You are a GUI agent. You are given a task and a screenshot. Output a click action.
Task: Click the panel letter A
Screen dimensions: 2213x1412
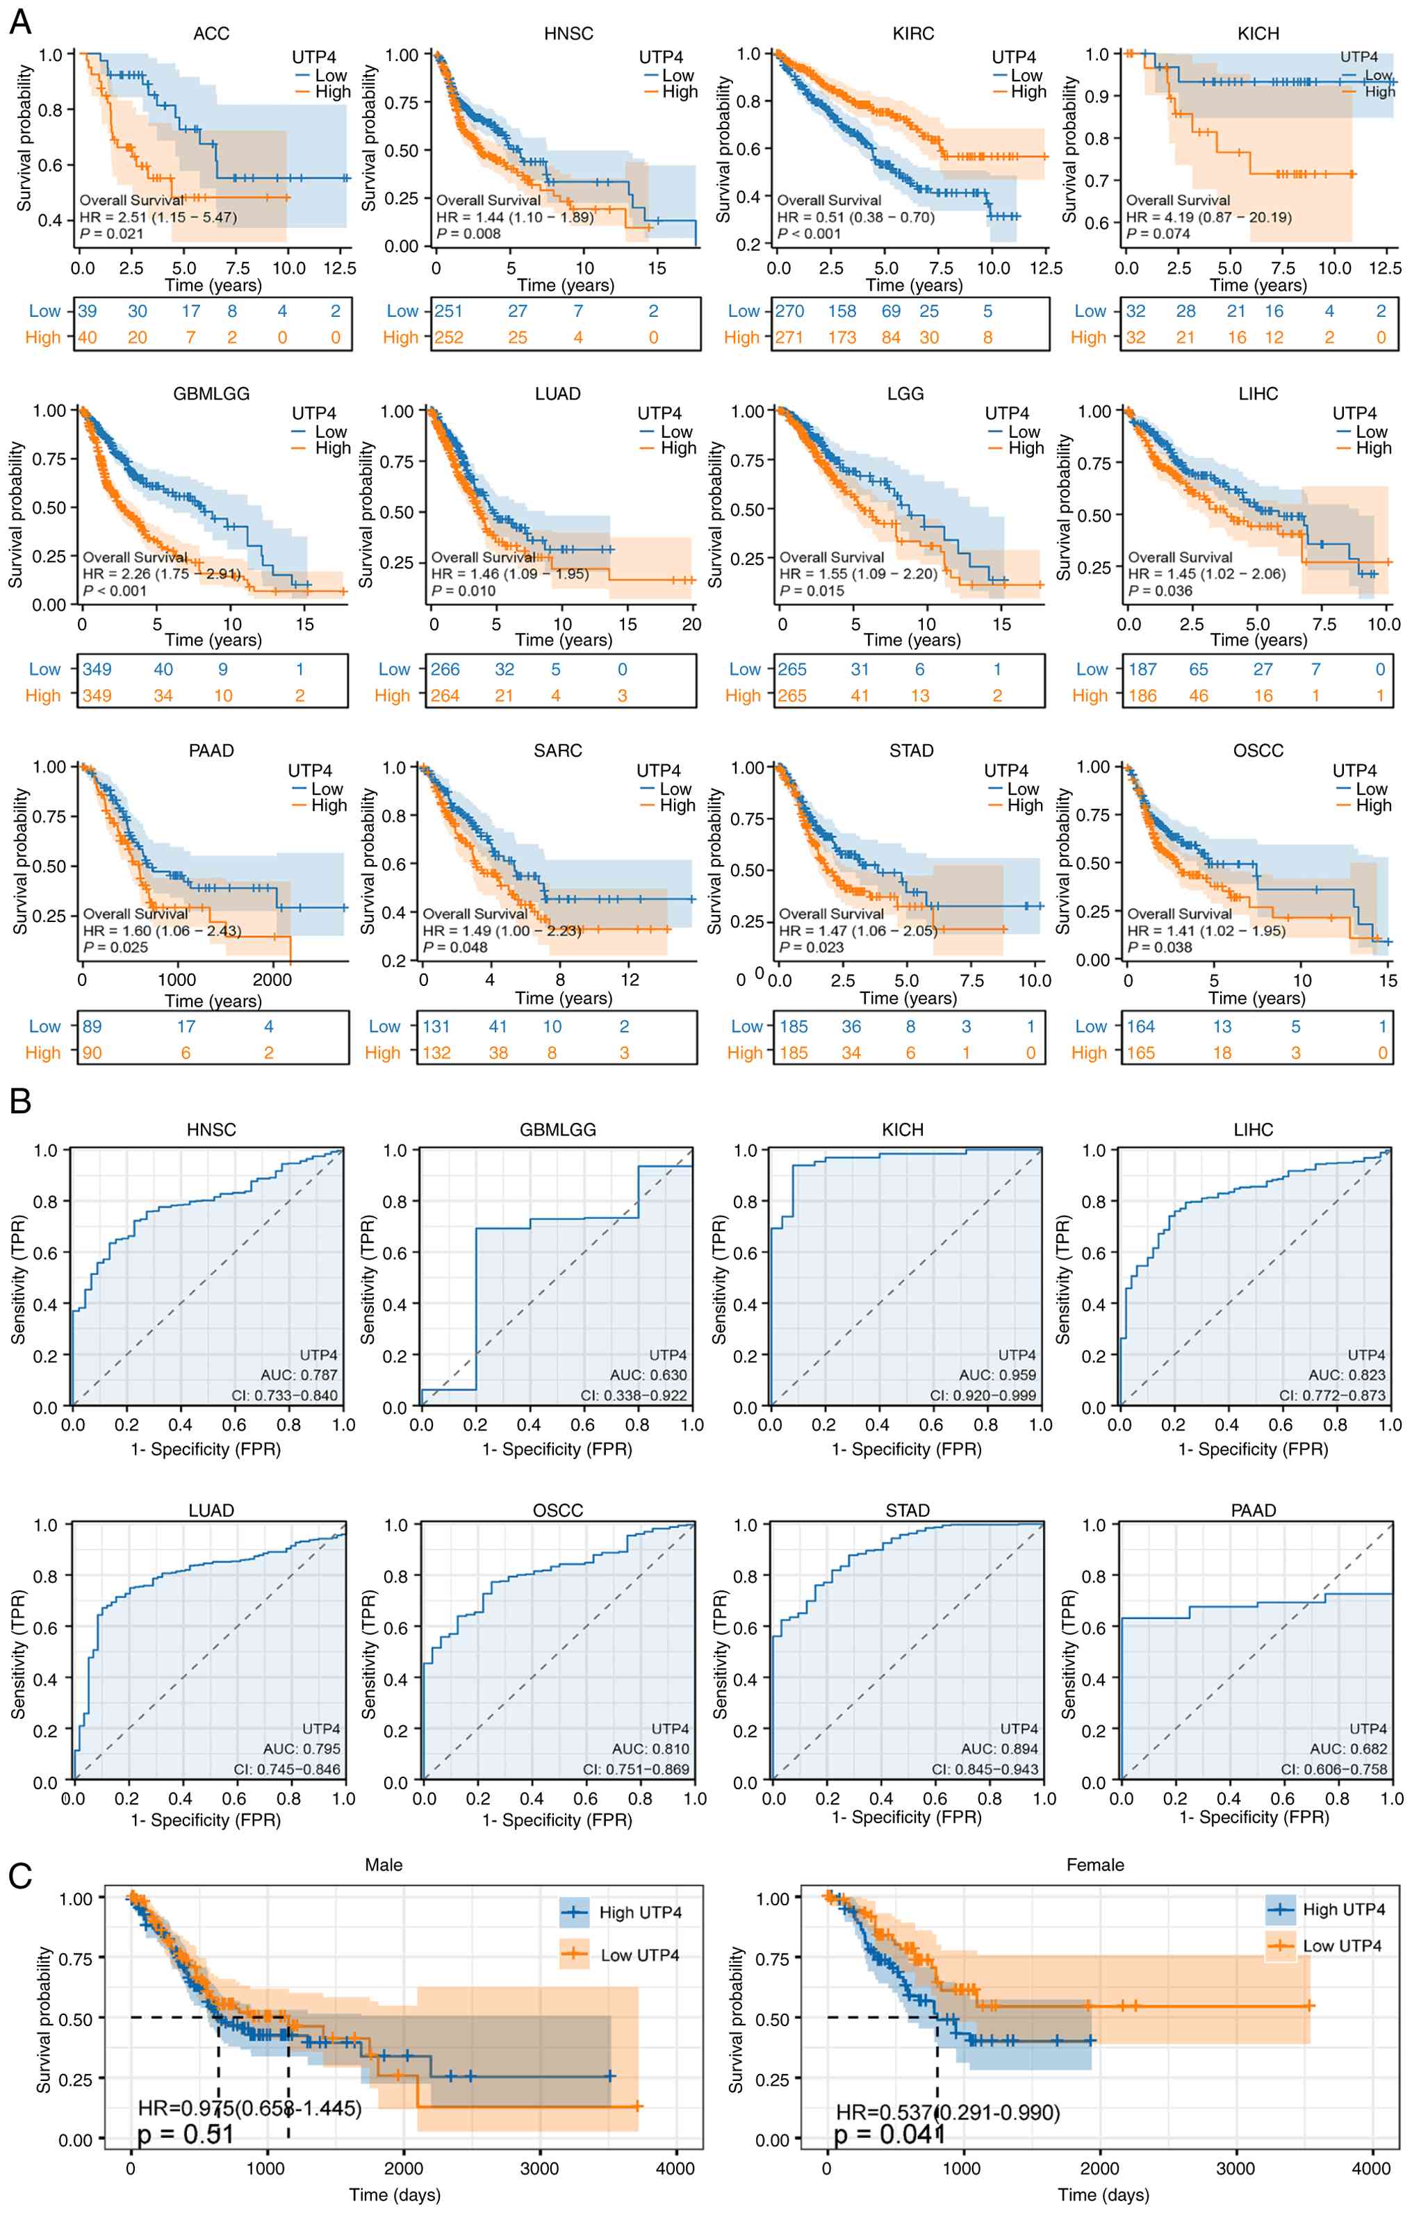point(19,22)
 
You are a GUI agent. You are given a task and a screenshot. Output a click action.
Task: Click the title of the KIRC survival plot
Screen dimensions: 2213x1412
point(913,34)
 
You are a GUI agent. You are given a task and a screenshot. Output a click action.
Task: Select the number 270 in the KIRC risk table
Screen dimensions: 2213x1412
point(789,311)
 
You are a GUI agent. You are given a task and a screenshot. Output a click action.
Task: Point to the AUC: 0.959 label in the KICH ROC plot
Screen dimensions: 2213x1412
point(997,1375)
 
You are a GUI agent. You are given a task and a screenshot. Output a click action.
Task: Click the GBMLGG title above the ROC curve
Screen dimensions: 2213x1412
point(557,1130)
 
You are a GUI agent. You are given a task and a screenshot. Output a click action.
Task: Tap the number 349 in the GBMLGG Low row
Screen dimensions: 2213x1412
point(97,669)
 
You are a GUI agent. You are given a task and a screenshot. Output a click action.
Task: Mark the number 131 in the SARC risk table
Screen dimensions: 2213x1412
point(436,1026)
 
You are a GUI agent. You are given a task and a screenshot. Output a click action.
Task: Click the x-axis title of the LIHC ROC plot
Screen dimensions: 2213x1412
point(1253,1449)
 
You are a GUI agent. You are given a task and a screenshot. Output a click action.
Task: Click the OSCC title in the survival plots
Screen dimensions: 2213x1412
point(1258,751)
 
